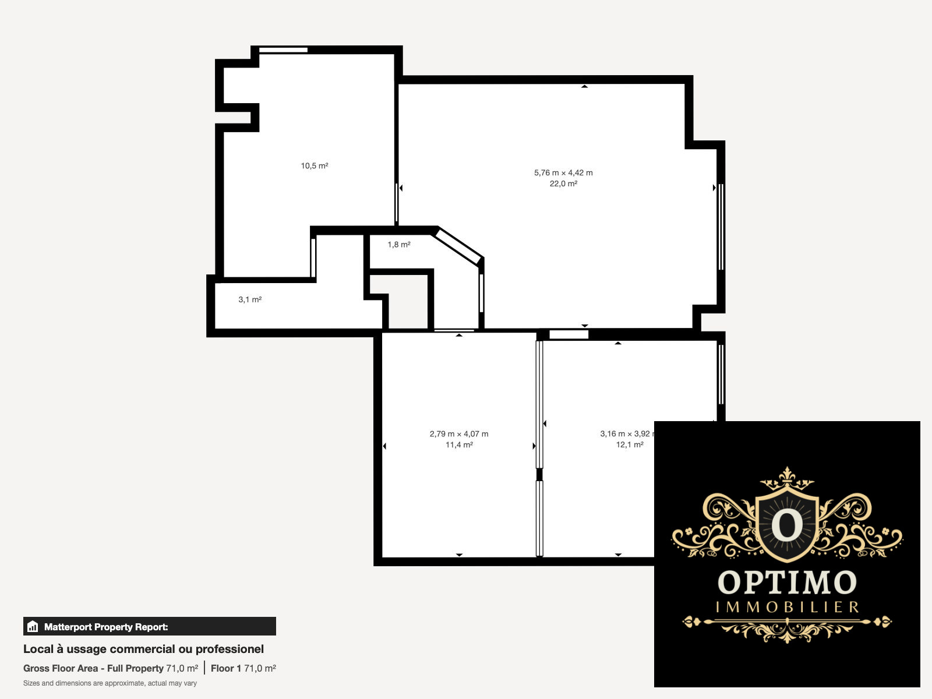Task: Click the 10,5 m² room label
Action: (x=314, y=165)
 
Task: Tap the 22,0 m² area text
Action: (x=563, y=183)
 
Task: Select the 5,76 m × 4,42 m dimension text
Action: (x=563, y=173)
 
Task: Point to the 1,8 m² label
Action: (x=398, y=245)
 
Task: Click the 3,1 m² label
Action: (x=250, y=299)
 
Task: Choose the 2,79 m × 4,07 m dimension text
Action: (x=458, y=434)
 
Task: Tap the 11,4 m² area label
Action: (x=459, y=445)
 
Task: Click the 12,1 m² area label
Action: (x=630, y=445)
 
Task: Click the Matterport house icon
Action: (x=33, y=626)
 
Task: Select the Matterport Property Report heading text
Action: (x=106, y=627)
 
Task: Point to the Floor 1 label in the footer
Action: (x=226, y=668)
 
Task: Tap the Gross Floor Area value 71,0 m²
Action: (x=182, y=668)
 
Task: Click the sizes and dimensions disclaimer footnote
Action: (x=110, y=683)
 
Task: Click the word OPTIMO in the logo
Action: (x=787, y=582)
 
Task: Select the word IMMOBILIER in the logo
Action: (x=787, y=608)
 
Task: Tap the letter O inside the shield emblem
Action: (x=787, y=525)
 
